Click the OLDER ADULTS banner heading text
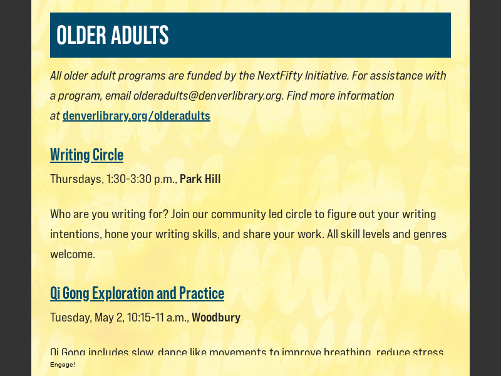(x=113, y=36)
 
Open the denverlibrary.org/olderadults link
(x=136, y=116)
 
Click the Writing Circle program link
(x=86, y=155)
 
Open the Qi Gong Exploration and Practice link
(x=137, y=293)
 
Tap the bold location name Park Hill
(x=200, y=179)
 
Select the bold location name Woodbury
(x=215, y=318)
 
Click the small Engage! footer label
(x=63, y=365)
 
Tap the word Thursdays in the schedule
(x=76, y=179)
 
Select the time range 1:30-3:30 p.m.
(x=142, y=179)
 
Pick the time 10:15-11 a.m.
(x=157, y=318)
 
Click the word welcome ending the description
(x=72, y=254)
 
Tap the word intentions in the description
(x=75, y=234)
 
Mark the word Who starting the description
(x=60, y=214)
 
